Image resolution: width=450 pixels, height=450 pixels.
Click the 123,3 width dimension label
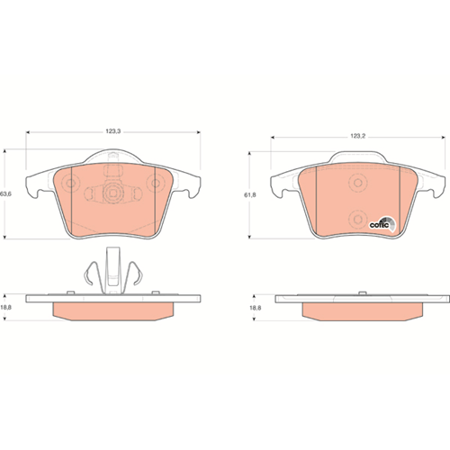click(x=112, y=131)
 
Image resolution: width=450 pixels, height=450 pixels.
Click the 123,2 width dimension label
click(x=357, y=136)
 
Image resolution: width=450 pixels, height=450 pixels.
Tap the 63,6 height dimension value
click(x=5, y=193)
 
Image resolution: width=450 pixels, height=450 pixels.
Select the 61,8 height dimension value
click(x=250, y=195)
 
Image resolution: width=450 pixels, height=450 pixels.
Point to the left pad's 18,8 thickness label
click(x=5, y=308)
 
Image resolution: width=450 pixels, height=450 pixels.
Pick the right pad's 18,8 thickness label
click(x=256, y=308)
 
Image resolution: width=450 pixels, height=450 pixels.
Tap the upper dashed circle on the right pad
click(x=358, y=183)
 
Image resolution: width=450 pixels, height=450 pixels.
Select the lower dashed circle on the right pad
click(x=358, y=220)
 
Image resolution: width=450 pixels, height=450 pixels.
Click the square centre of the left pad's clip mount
click(x=112, y=193)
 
